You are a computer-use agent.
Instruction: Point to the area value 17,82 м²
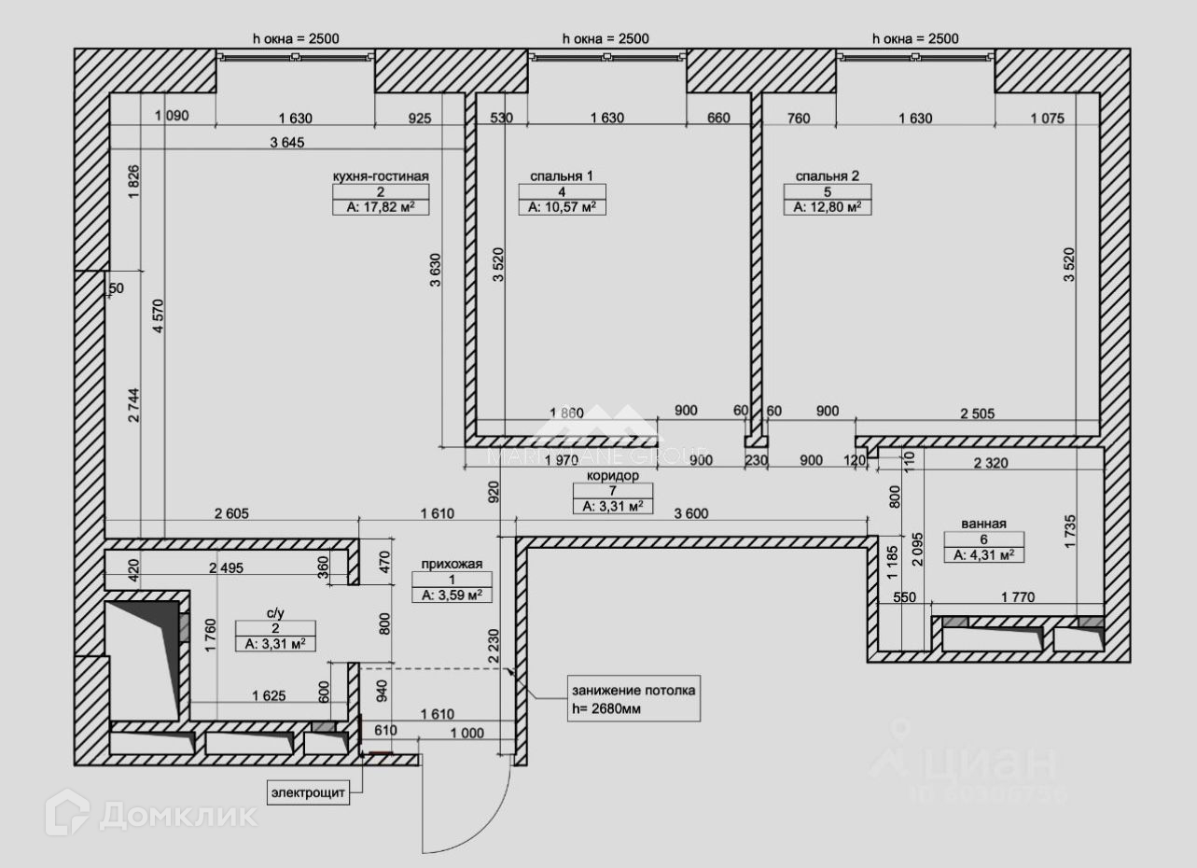point(380,207)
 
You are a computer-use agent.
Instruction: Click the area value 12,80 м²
point(828,207)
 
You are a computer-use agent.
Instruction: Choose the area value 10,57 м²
point(562,207)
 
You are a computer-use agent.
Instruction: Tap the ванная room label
point(984,524)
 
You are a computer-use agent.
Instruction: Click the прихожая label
point(452,563)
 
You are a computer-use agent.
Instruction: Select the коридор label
point(612,475)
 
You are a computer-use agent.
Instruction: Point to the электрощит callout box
point(309,793)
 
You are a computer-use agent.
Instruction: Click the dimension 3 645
point(287,142)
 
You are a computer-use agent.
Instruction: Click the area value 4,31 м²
point(984,554)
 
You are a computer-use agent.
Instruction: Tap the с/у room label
point(275,613)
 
